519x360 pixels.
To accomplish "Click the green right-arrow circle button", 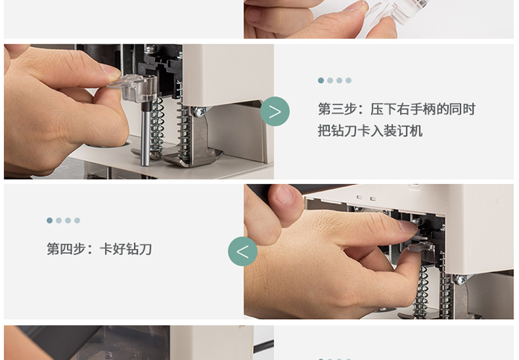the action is (275, 111).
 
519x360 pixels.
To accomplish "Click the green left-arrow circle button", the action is (243, 251).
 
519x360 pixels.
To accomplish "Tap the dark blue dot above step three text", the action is (320, 80).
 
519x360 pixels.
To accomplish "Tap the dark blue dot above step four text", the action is (50, 221).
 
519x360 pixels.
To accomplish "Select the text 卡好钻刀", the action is (125, 249).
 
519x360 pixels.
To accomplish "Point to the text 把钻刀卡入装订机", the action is (370, 131).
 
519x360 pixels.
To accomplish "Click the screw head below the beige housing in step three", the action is (199, 112).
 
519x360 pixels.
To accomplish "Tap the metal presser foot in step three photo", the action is (192, 156).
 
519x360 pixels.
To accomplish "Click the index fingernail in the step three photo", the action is (111, 69).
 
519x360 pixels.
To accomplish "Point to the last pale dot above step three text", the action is (349, 80).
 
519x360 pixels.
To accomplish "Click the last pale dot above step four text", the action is (77, 221).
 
